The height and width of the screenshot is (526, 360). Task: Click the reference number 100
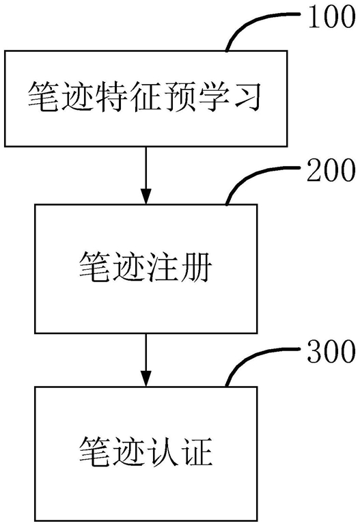(331, 17)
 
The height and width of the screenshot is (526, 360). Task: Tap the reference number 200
(331, 169)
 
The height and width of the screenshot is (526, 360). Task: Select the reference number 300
(331, 351)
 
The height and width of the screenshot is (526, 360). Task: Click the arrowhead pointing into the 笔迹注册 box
(146, 196)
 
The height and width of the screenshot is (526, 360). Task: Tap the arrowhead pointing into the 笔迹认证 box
(146, 378)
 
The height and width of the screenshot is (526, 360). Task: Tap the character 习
(245, 97)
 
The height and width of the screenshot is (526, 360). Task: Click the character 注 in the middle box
(163, 267)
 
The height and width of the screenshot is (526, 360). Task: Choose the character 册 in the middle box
(196, 267)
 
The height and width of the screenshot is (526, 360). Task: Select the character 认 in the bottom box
(163, 451)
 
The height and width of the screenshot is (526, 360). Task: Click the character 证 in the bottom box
(196, 451)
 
